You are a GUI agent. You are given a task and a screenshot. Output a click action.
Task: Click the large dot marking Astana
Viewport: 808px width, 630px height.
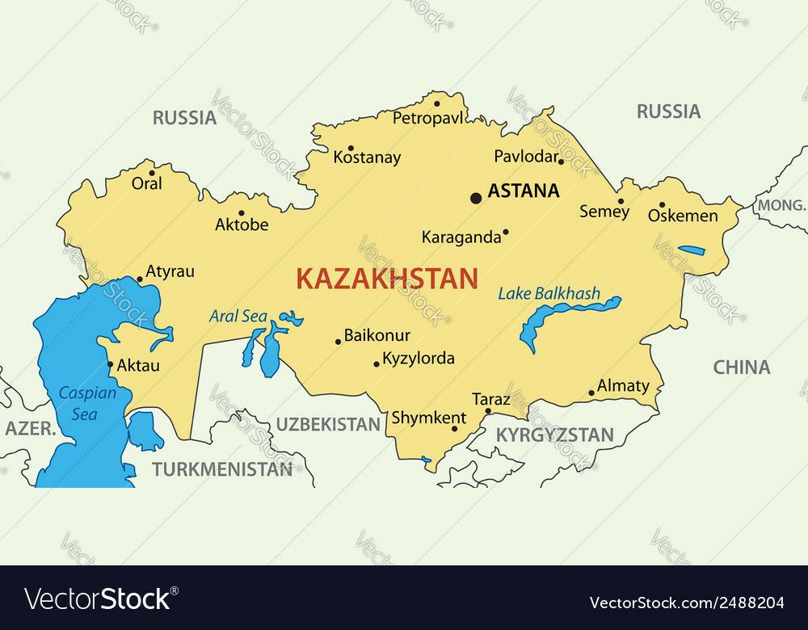tap(476, 197)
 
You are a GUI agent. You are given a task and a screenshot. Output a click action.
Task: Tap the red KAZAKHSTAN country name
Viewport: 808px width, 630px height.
tap(386, 279)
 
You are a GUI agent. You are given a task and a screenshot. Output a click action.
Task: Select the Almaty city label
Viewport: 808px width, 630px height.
tap(623, 386)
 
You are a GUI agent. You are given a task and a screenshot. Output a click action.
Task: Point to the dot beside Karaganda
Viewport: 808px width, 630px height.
tap(506, 232)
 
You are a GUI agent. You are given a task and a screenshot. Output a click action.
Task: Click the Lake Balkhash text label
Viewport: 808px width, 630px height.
tap(549, 293)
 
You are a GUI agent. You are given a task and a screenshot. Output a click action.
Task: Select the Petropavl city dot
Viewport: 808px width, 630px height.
tap(436, 103)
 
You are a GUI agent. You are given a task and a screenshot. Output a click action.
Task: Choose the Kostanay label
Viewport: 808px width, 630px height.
tap(367, 157)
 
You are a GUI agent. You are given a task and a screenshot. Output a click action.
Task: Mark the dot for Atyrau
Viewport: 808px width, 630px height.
tap(140, 279)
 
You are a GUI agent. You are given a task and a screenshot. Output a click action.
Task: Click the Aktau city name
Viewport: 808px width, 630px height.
tap(138, 365)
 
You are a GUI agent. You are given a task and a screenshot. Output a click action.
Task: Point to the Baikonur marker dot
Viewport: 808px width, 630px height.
tap(338, 342)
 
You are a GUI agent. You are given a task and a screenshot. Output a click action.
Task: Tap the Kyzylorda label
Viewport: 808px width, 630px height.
tap(418, 358)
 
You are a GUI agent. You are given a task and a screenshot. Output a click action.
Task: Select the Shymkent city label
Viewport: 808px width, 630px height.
tap(428, 418)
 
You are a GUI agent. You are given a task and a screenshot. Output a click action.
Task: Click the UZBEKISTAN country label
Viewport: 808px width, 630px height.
tap(327, 424)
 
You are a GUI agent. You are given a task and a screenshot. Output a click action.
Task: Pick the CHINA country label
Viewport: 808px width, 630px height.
tap(741, 367)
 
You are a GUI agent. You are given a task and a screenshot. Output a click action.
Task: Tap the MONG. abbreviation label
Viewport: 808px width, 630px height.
tap(781, 206)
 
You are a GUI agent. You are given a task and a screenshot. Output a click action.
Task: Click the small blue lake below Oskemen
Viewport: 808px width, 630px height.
tap(691, 250)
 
